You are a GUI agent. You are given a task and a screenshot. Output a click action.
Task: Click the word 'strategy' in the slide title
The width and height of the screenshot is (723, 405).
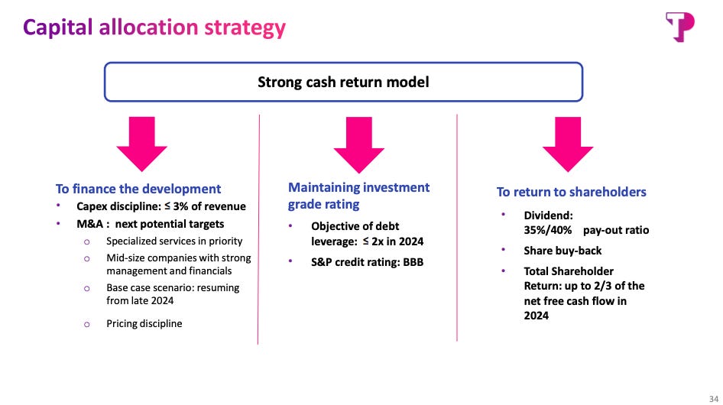[245, 28]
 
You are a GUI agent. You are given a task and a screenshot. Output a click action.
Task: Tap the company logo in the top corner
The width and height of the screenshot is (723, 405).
[679, 28]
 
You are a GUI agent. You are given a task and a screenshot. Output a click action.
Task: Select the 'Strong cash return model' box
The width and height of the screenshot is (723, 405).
[343, 82]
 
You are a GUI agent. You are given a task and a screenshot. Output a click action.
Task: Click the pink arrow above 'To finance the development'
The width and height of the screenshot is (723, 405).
[141, 144]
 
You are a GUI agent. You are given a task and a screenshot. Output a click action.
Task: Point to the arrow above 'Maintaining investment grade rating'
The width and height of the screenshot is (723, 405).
[358, 145]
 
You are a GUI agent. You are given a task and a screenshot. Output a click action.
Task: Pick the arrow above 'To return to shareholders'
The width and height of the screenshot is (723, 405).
[568, 144]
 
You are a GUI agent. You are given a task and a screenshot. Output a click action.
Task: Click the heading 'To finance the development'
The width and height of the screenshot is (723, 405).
[138, 189]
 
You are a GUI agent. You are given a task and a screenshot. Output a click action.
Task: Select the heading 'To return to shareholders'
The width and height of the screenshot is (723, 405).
[572, 192]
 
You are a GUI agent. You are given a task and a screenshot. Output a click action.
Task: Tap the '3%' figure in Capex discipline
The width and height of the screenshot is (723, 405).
[180, 206]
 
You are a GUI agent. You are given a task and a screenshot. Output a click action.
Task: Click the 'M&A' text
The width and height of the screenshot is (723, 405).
[90, 224]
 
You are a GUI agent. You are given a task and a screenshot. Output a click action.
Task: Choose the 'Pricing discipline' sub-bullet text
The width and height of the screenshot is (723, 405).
[144, 323]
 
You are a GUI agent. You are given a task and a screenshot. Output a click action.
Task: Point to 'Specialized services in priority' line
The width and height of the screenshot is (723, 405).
[174, 241]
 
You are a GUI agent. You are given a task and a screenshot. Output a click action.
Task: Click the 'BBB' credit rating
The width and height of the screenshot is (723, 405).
[413, 262]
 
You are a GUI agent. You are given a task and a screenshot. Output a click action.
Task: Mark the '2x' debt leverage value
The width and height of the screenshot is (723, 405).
[378, 241]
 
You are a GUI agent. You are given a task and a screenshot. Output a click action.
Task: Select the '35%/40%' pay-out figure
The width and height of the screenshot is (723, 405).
[548, 230]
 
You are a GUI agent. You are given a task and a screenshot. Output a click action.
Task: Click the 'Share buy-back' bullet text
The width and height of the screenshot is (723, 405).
[563, 251]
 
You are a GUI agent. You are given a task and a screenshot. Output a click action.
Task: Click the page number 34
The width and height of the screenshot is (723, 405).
[714, 399]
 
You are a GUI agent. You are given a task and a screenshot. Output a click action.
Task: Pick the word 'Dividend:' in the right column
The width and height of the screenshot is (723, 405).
[548, 215]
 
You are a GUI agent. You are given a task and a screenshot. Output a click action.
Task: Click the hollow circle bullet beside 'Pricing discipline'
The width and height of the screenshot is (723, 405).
[86, 324]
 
